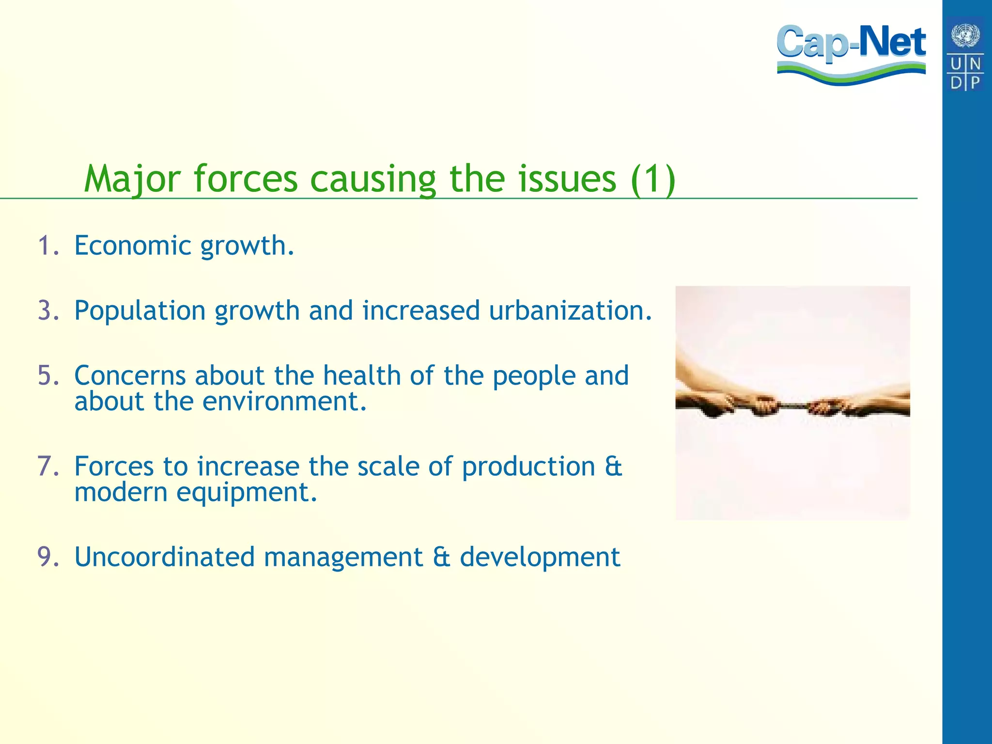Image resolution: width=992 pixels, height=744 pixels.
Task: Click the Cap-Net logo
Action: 851,53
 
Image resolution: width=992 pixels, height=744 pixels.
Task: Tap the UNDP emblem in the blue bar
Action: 965,53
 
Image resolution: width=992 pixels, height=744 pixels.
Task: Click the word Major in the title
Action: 132,179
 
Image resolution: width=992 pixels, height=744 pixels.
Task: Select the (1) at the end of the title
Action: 653,179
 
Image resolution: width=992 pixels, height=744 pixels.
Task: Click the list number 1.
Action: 48,246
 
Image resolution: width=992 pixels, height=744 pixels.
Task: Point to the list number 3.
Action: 48,310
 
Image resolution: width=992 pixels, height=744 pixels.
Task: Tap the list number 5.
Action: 48,376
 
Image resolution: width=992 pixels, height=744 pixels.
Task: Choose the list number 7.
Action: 48,466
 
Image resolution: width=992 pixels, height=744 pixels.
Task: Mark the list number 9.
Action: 48,557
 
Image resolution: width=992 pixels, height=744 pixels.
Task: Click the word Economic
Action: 133,246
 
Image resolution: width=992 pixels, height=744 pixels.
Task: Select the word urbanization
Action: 570,310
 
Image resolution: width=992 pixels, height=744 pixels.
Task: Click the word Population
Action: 139,310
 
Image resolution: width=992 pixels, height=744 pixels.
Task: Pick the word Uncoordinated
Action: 164,557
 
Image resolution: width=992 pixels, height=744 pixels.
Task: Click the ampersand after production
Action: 613,466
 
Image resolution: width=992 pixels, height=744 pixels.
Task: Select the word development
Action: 540,557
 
